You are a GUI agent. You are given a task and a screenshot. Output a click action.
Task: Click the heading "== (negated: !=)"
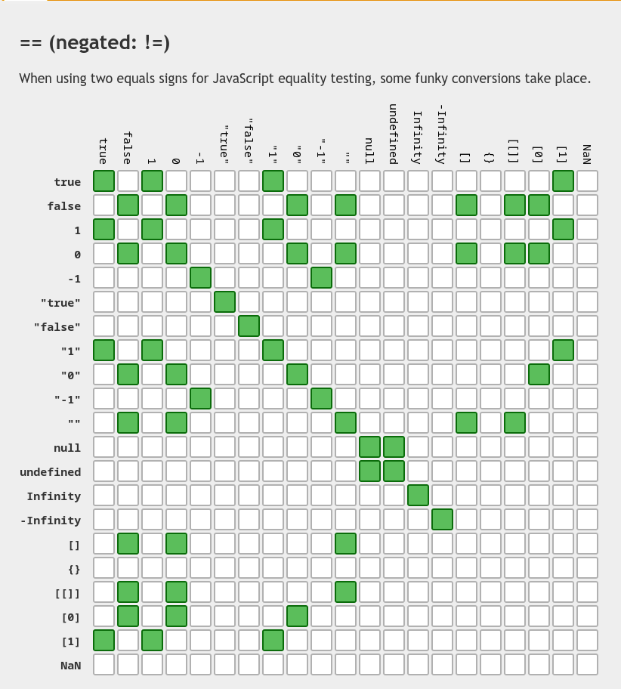coord(94,43)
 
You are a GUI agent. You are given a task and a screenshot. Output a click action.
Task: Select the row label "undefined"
coord(50,472)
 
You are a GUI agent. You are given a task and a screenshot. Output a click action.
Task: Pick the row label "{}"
coord(74,569)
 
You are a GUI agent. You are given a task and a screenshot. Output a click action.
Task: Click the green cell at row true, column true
coord(104,181)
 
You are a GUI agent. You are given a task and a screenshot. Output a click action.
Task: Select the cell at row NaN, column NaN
coord(587,665)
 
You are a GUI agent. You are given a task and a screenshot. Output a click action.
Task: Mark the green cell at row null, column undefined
coord(394,447)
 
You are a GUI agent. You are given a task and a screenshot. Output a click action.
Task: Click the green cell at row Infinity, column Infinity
coord(418,496)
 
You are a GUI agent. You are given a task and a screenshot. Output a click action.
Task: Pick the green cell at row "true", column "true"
coord(225,302)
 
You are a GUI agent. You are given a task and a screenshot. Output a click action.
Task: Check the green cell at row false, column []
coord(466,205)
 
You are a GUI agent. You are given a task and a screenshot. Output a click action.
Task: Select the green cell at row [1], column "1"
coord(273,641)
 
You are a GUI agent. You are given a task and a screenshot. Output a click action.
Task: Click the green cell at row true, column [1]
coord(563,181)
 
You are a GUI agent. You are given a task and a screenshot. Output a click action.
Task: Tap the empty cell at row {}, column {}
coord(490,568)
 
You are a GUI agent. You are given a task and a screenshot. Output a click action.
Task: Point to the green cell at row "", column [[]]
coord(514,423)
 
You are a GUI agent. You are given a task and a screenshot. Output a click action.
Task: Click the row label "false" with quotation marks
coord(57,327)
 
